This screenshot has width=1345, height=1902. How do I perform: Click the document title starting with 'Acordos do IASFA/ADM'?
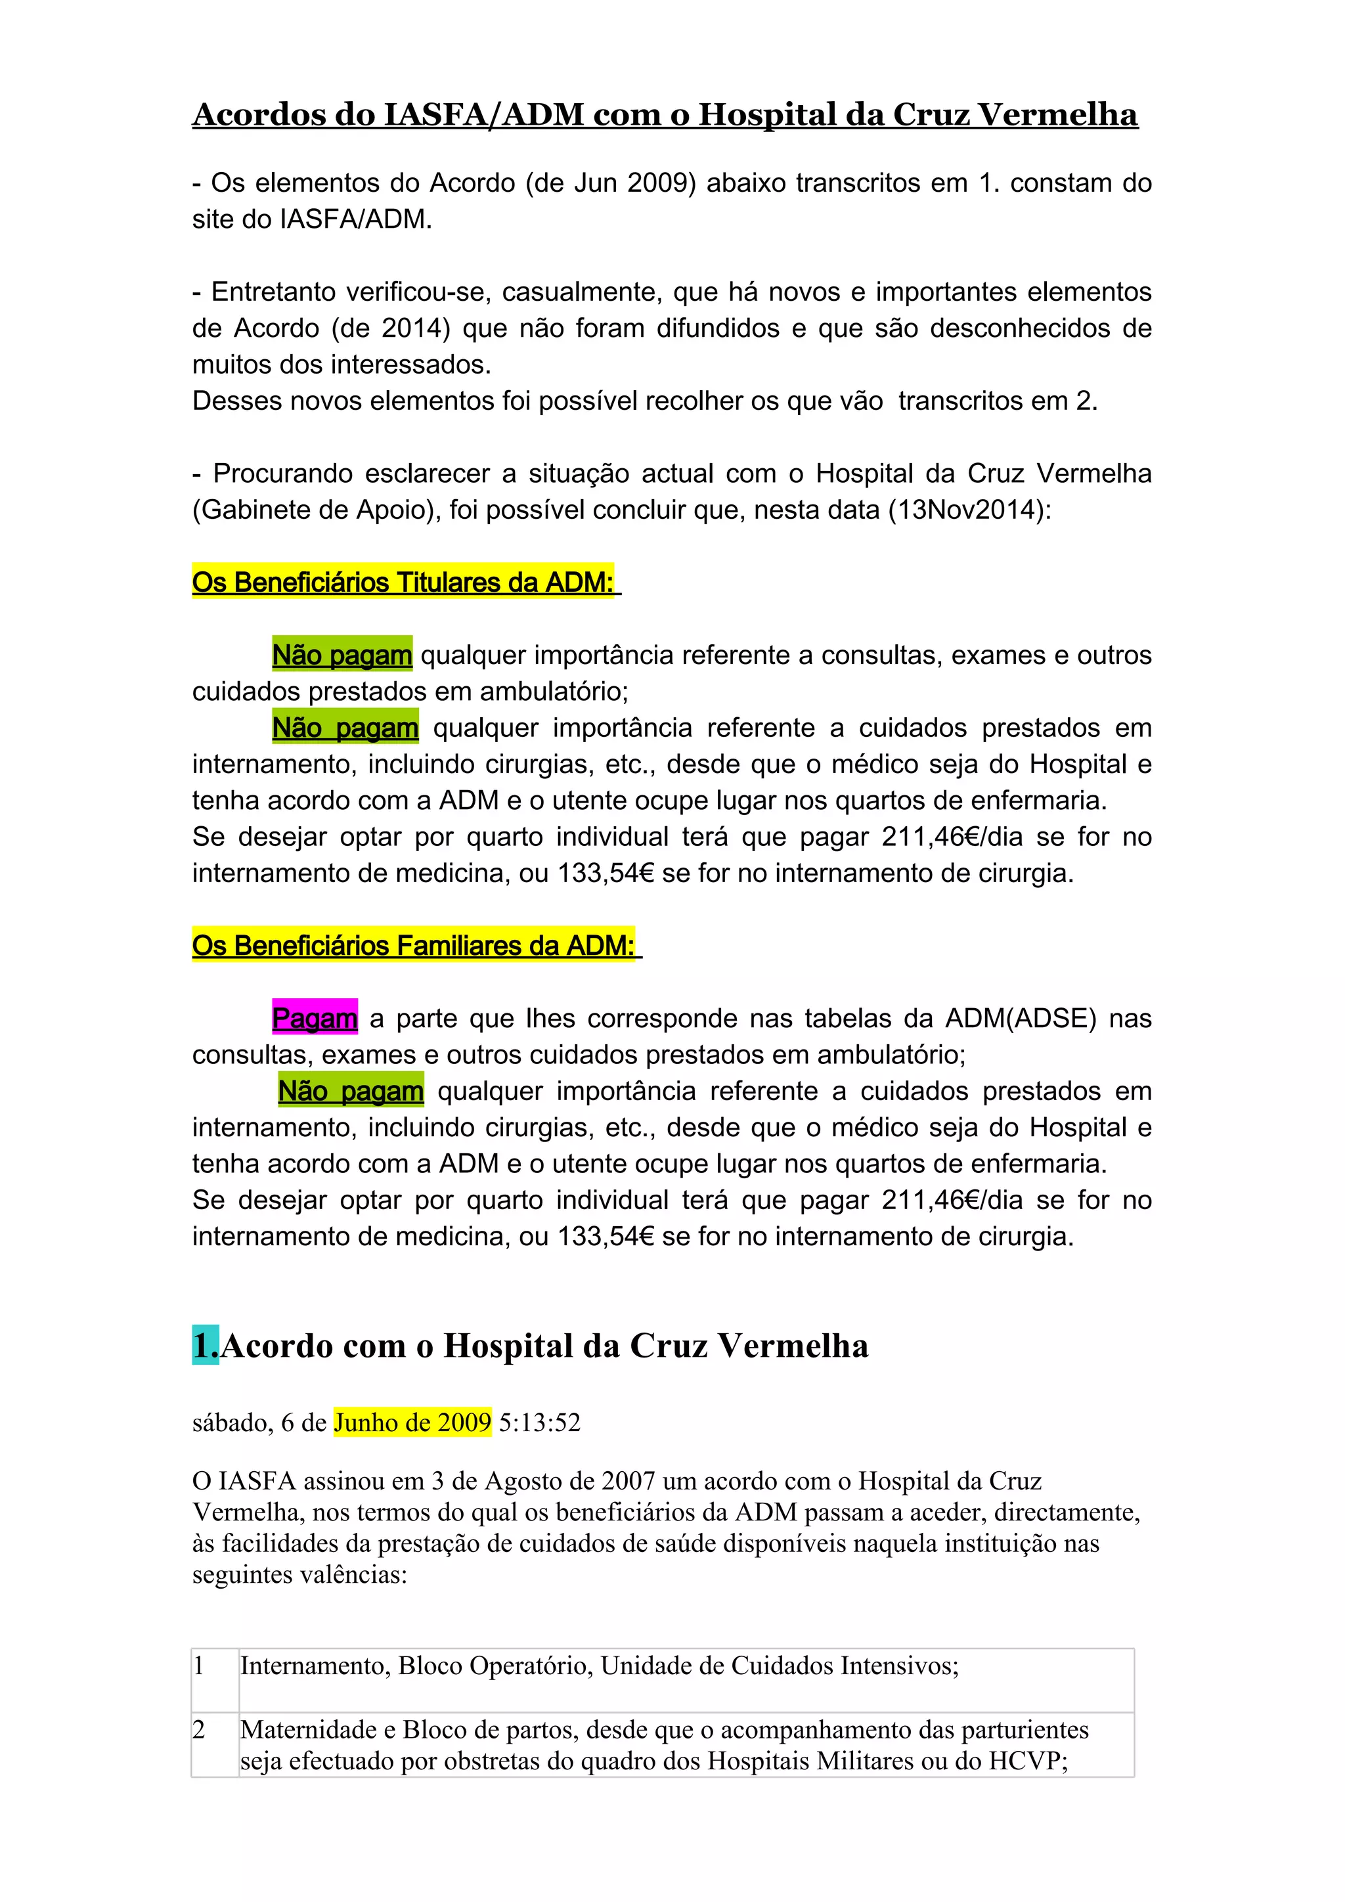pos(665,115)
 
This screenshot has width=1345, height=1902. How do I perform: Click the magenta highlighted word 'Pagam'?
pos(315,1018)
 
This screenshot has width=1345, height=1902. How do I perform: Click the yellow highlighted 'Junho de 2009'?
pos(412,1423)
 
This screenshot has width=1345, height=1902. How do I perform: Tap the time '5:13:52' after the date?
pos(539,1423)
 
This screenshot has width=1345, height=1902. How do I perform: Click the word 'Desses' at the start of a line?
pos(231,401)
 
